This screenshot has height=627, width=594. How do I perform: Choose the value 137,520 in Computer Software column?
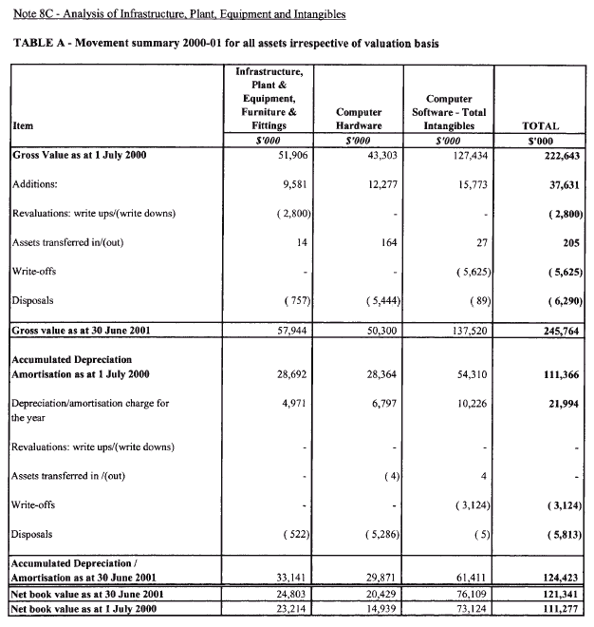pos(465,331)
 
